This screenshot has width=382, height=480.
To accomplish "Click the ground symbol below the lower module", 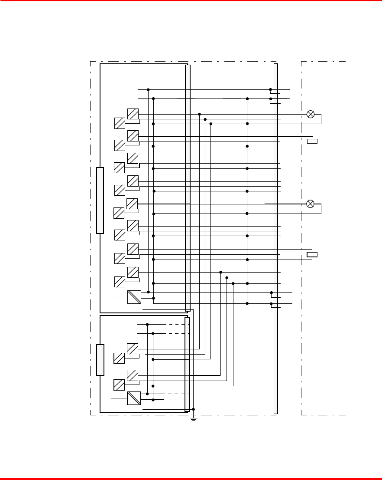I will (194, 419).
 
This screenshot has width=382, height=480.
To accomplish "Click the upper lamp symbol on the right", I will (310, 114).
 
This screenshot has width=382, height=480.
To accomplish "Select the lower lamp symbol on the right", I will (310, 204).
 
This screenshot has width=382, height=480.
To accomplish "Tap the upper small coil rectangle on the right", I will (312, 141).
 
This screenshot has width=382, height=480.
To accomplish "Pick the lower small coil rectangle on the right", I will (312, 254).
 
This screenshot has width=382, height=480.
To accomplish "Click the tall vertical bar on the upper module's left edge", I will (100, 200).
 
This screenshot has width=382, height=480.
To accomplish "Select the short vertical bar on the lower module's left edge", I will (100, 359).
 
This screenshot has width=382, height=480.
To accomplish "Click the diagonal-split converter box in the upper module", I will (134, 297).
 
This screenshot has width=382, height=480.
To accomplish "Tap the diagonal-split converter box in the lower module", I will (134, 398).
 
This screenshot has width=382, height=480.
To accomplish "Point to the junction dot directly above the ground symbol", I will (194, 409).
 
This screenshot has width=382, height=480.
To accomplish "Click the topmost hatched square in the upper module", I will (133, 114).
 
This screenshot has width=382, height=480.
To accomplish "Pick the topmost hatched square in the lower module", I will (133, 348).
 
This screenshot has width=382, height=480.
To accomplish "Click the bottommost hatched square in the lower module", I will (119, 385).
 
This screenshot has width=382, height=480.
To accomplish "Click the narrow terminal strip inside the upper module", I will (188, 187).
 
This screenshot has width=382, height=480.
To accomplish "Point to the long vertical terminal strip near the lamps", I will (275, 239).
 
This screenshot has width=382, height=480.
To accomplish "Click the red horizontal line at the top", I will (191, 1).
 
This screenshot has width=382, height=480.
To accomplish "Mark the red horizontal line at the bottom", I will (191, 479).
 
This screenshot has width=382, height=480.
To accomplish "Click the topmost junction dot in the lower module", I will (147, 324).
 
